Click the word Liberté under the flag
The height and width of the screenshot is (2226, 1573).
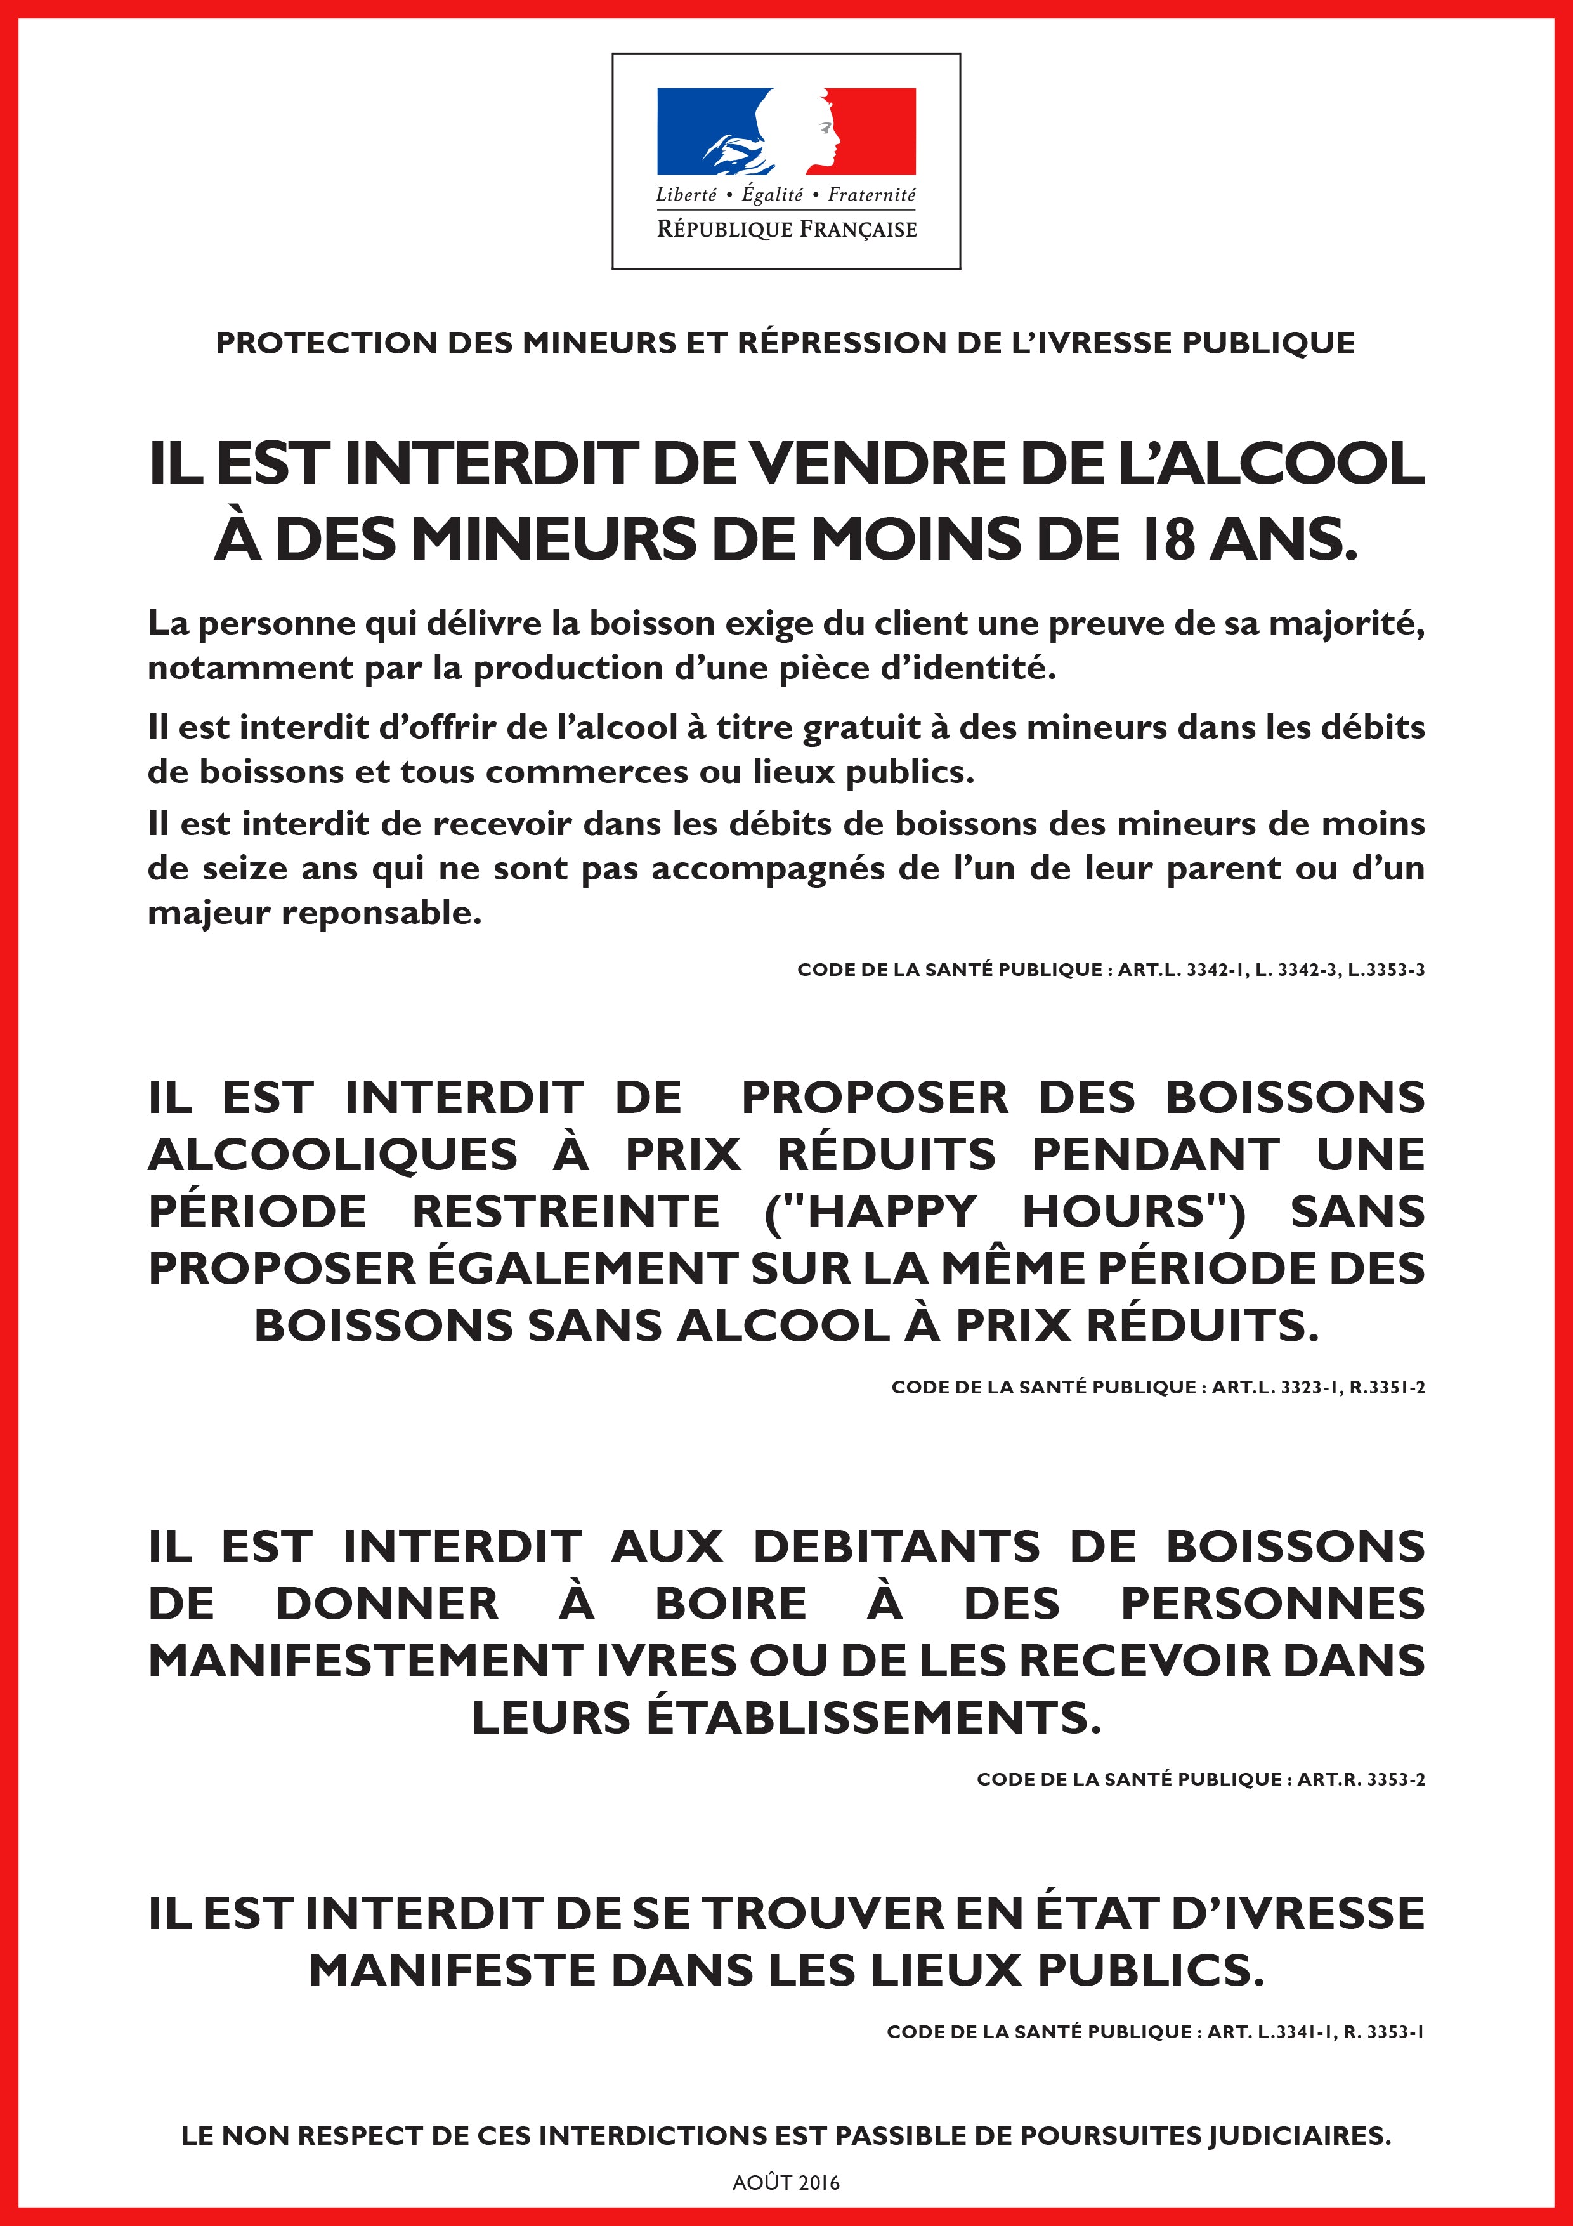coord(686,194)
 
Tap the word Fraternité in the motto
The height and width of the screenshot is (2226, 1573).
coord(871,194)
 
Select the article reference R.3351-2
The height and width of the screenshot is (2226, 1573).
coord(1387,1387)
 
